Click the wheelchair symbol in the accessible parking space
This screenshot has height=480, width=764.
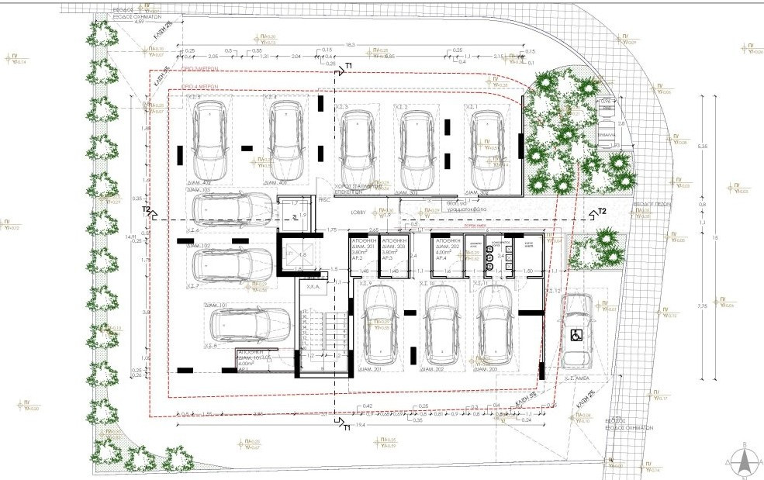pyautogui.click(x=576, y=335)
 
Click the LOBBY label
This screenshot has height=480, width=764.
pyautogui.click(x=358, y=209)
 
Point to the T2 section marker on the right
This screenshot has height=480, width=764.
pyautogui.click(x=601, y=211)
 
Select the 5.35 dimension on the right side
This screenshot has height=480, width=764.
pyautogui.click(x=702, y=145)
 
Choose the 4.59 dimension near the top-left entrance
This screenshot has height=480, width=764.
pyautogui.click(x=140, y=22)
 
